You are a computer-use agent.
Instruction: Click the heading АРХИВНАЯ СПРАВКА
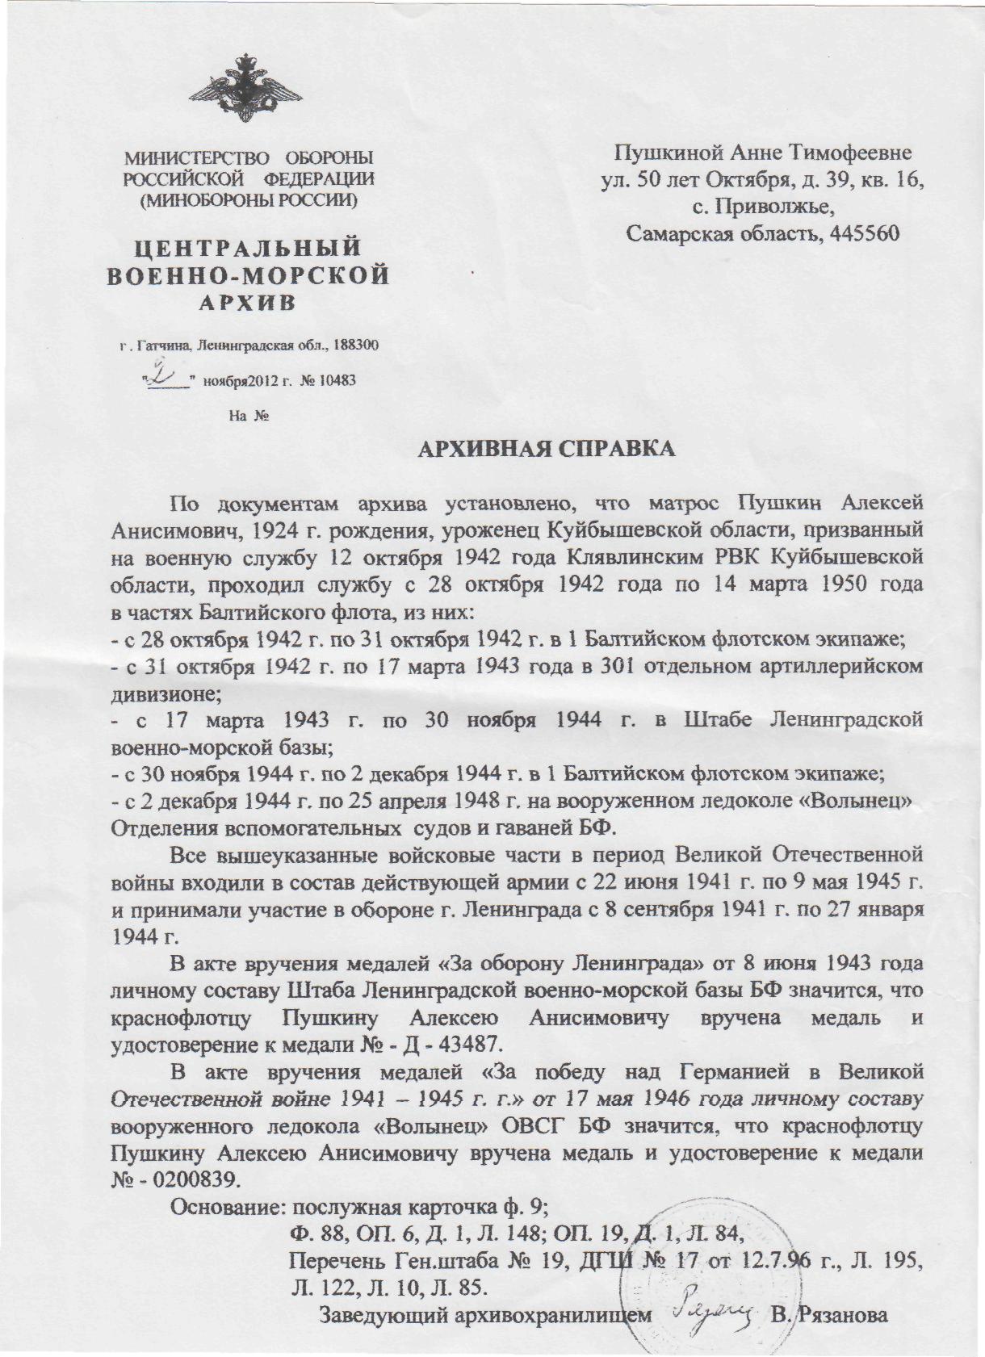point(545,449)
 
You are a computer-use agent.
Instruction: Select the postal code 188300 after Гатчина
point(354,346)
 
